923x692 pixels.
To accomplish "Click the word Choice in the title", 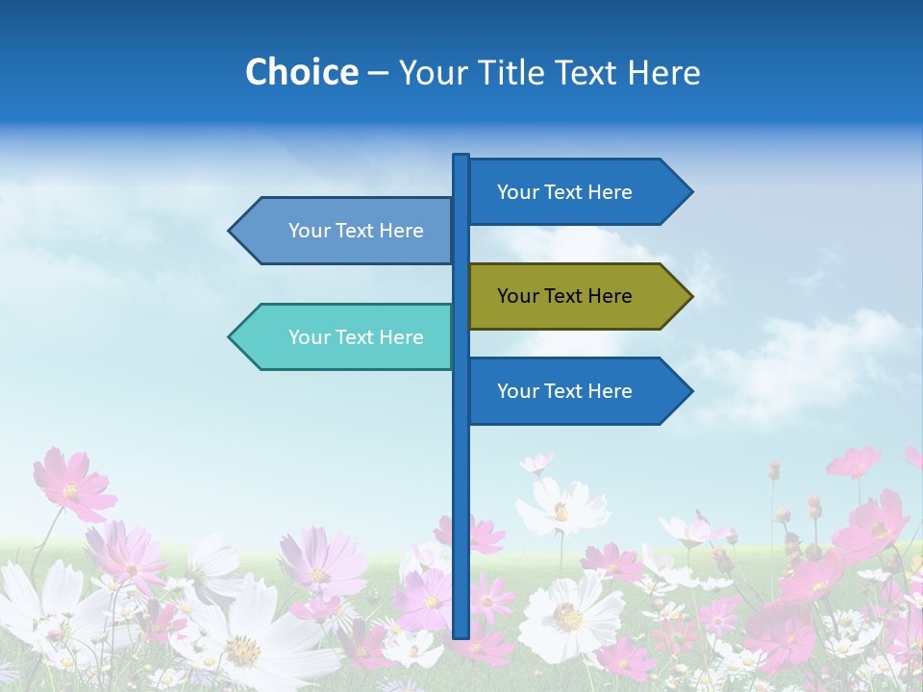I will coord(301,72).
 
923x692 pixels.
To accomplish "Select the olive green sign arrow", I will coord(577,296).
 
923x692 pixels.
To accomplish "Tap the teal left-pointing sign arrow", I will coord(346,337).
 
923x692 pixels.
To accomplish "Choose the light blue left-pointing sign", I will coord(346,231).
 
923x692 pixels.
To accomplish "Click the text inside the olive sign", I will coord(564,296).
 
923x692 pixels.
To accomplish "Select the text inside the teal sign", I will coord(356,337).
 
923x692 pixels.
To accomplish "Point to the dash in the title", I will coord(378,73).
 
